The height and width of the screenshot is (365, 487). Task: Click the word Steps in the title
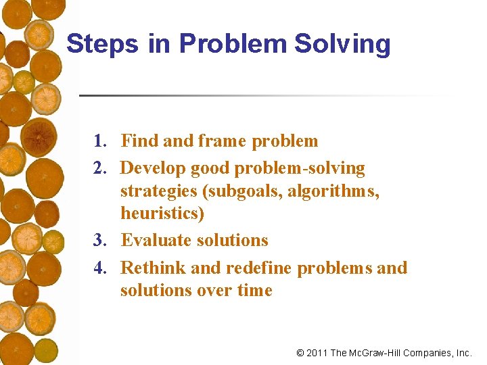[x=93, y=44]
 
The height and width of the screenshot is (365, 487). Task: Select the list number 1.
[x=100, y=141]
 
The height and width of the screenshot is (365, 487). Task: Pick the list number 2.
[x=100, y=168]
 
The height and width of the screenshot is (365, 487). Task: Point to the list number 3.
[x=100, y=241]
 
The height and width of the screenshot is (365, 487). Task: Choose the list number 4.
[x=100, y=268]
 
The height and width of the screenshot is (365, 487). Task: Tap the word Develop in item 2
[x=153, y=168]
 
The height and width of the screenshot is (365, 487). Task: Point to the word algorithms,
[x=333, y=191]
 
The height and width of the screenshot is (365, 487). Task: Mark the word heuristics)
[x=162, y=214]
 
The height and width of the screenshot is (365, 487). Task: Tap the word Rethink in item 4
[x=153, y=268]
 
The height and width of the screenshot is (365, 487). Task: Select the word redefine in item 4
[x=259, y=268]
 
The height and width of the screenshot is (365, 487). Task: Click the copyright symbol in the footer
[x=300, y=353]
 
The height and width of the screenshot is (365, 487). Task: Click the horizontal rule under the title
[x=264, y=95]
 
